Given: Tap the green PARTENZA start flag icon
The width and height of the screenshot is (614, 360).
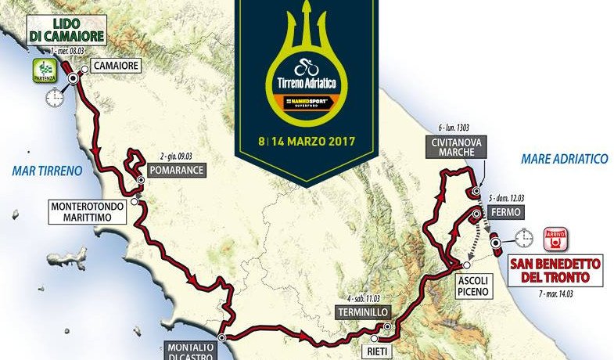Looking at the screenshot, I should pyautogui.click(x=42, y=70).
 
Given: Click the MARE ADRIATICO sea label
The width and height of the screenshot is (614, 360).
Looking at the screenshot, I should pyautogui.click(x=564, y=159).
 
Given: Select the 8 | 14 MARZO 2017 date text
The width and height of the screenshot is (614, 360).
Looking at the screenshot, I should pyautogui.click(x=307, y=142).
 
